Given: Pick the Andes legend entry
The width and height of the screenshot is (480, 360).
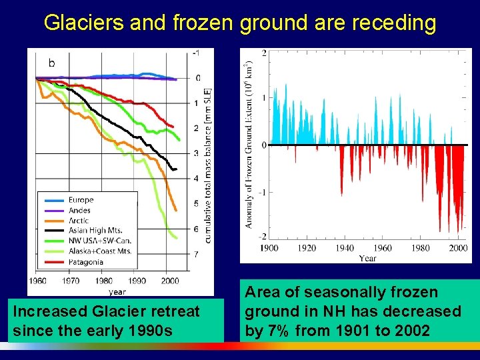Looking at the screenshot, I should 79,211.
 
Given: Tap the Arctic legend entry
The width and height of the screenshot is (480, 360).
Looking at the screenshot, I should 79,221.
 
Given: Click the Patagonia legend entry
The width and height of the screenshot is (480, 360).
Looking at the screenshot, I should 85,262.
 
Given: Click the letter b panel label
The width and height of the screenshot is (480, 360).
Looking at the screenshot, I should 52,63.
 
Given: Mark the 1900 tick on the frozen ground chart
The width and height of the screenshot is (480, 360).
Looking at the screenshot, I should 269,248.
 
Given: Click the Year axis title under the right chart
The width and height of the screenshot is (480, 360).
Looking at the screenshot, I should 367,258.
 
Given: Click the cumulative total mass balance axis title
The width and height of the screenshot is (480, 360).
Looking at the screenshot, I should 207,165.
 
